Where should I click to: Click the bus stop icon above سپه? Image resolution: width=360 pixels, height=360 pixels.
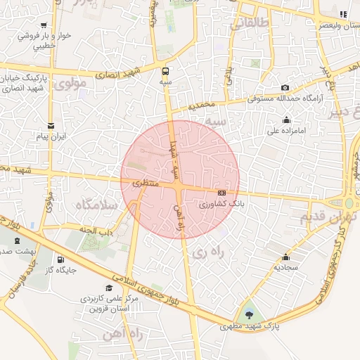point(167,70)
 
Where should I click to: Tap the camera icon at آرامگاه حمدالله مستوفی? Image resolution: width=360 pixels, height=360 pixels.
point(285,88)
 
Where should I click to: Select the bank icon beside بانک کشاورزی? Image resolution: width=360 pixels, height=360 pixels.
point(222,193)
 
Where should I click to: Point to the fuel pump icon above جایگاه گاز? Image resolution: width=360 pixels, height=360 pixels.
point(58,259)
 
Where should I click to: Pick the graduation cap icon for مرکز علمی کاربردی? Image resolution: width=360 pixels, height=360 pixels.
point(108,288)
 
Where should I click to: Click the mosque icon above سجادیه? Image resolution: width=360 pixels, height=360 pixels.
point(285,257)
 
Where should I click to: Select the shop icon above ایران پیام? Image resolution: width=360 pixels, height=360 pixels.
point(51,124)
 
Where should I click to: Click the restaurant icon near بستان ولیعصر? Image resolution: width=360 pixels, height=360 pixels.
point(342,14)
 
